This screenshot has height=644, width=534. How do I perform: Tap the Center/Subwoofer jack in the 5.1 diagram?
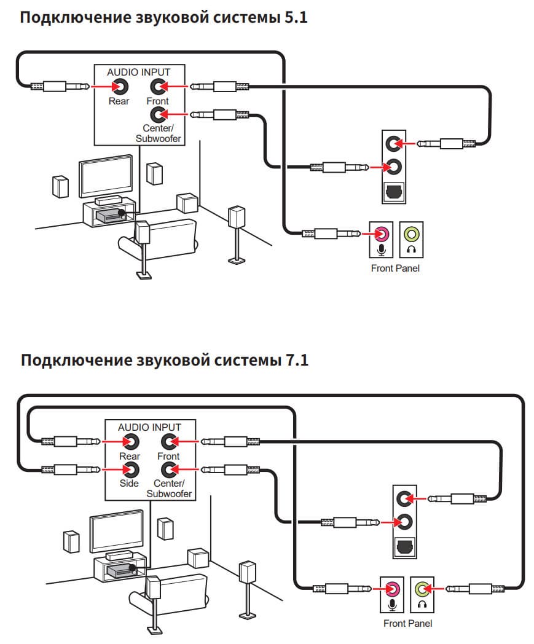tap(159, 114)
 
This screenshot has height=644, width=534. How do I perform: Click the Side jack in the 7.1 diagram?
tap(130, 470)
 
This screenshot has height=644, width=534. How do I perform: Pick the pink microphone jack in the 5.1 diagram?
tap(381, 234)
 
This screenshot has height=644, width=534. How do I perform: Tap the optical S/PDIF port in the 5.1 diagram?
tap(393, 192)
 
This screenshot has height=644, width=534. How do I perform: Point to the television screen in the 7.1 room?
tap(116, 530)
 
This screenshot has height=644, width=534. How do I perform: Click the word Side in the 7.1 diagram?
tap(130, 484)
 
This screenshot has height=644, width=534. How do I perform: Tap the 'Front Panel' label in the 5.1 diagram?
tap(396, 269)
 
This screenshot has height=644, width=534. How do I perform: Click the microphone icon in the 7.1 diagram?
tap(391, 604)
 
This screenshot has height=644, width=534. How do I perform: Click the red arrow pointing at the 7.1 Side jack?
tap(111, 470)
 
